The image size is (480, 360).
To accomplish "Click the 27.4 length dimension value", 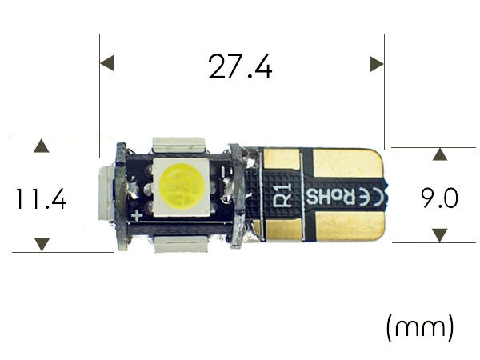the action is click(240, 66).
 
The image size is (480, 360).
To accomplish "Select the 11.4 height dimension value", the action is click(41, 199).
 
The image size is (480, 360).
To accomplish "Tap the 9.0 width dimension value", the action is click(439, 198).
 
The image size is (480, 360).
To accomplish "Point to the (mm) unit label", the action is click(420, 327).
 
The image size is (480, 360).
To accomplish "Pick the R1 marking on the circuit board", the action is click(282, 195).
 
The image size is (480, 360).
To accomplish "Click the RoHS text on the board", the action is click(330, 197).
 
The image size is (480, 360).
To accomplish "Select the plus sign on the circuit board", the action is click(137, 216).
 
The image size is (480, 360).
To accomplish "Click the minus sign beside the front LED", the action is click(223, 171).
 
